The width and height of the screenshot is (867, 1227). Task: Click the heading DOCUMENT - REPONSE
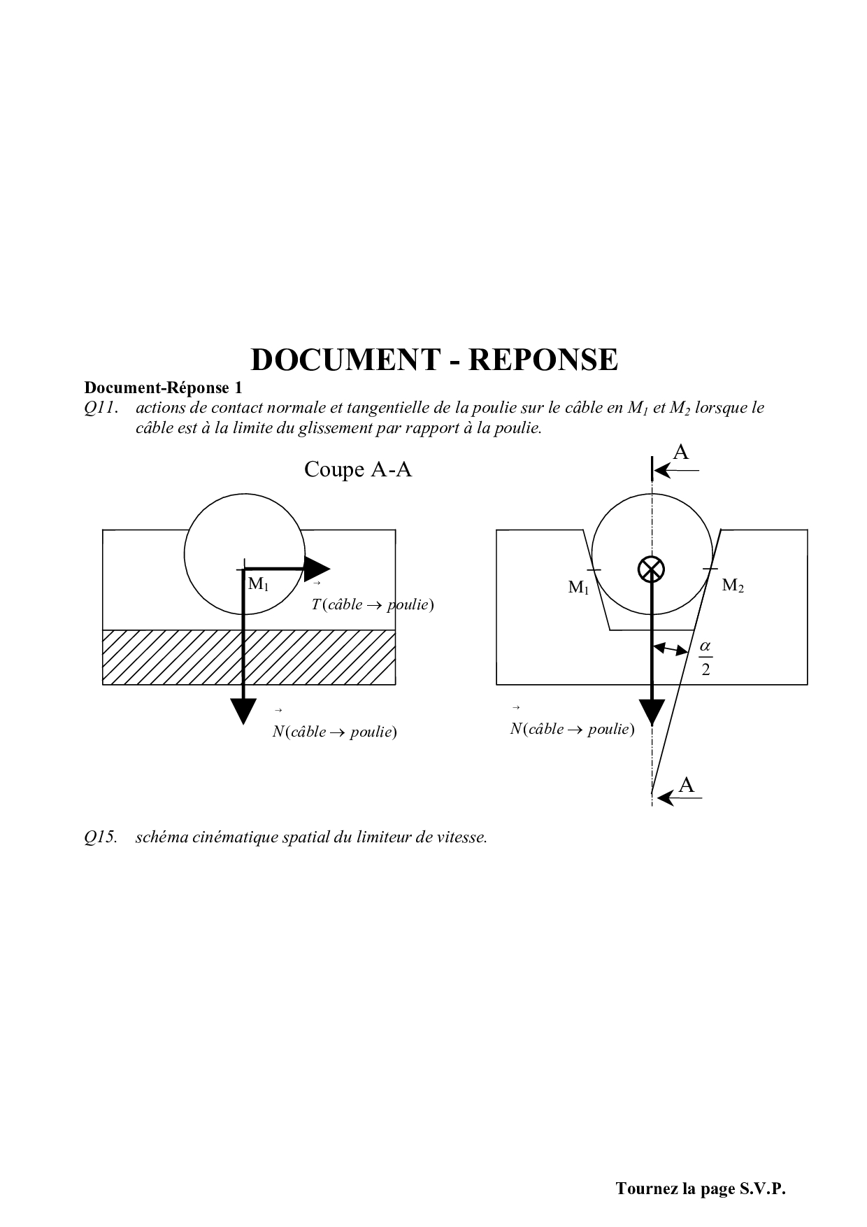(x=433, y=360)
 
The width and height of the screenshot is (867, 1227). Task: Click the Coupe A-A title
(x=358, y=469)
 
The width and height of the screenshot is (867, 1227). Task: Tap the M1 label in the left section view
(x=258, y=583)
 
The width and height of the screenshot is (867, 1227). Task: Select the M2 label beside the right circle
(x=732, y=586)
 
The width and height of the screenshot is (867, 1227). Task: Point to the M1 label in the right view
(x=578, y=588)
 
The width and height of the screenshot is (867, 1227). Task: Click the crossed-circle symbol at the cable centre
(x=652, y=569)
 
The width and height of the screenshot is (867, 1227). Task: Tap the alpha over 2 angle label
(x=705, y=658)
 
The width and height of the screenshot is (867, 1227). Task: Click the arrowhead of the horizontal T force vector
(x=318, y=568)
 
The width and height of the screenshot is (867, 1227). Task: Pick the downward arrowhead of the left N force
(x=243, y=711)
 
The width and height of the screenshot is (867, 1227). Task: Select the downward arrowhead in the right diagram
(x=652, y=712)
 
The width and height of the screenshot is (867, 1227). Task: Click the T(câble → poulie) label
(x=373, y=605)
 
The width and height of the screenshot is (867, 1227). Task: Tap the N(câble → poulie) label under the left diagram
(x=334, y=732)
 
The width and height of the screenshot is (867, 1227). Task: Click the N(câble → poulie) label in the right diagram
(x=572, y=730)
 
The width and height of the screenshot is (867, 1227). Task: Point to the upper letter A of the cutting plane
(x=680, y=453)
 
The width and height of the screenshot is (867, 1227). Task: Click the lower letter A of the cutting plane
(x=687, y=785)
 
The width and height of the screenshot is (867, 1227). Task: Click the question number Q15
(x=100, y=837)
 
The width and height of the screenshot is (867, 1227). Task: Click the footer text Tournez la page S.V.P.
(x=701, y=1189)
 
